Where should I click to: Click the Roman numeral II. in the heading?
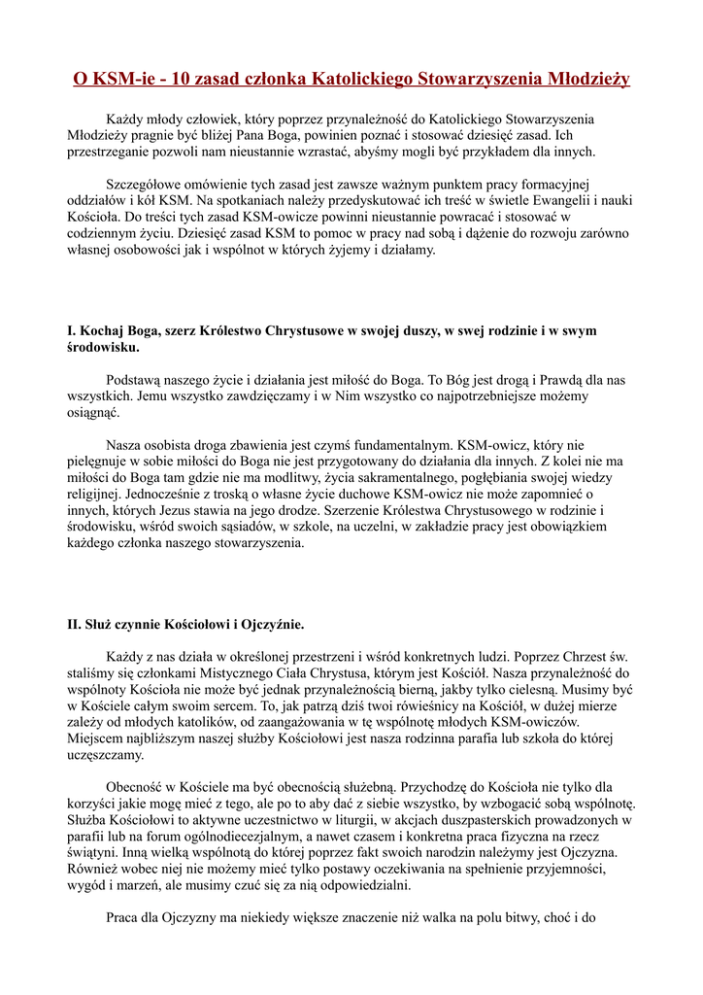pyautogui.click(x=74, y=624)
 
